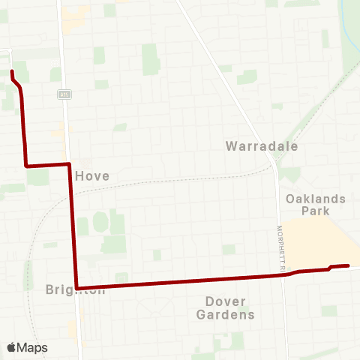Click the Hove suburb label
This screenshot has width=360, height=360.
[93, 175]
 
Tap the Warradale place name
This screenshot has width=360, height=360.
[262, 146]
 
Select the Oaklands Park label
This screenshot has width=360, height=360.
[315, 205]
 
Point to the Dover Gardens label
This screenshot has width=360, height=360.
[225, 308]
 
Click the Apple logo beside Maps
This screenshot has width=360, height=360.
[12, 347]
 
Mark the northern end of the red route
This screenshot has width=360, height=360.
[11, 71]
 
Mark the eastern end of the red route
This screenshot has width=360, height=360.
[349, 265]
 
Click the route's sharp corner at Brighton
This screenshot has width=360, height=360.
[77, 287]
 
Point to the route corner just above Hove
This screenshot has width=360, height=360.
[70, 163]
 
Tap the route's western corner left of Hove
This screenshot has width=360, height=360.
[27, 165]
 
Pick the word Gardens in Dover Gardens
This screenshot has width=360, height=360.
[225, 315]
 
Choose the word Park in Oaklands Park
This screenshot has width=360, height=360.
[315, 211]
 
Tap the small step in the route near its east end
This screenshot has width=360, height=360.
[330, 268]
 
